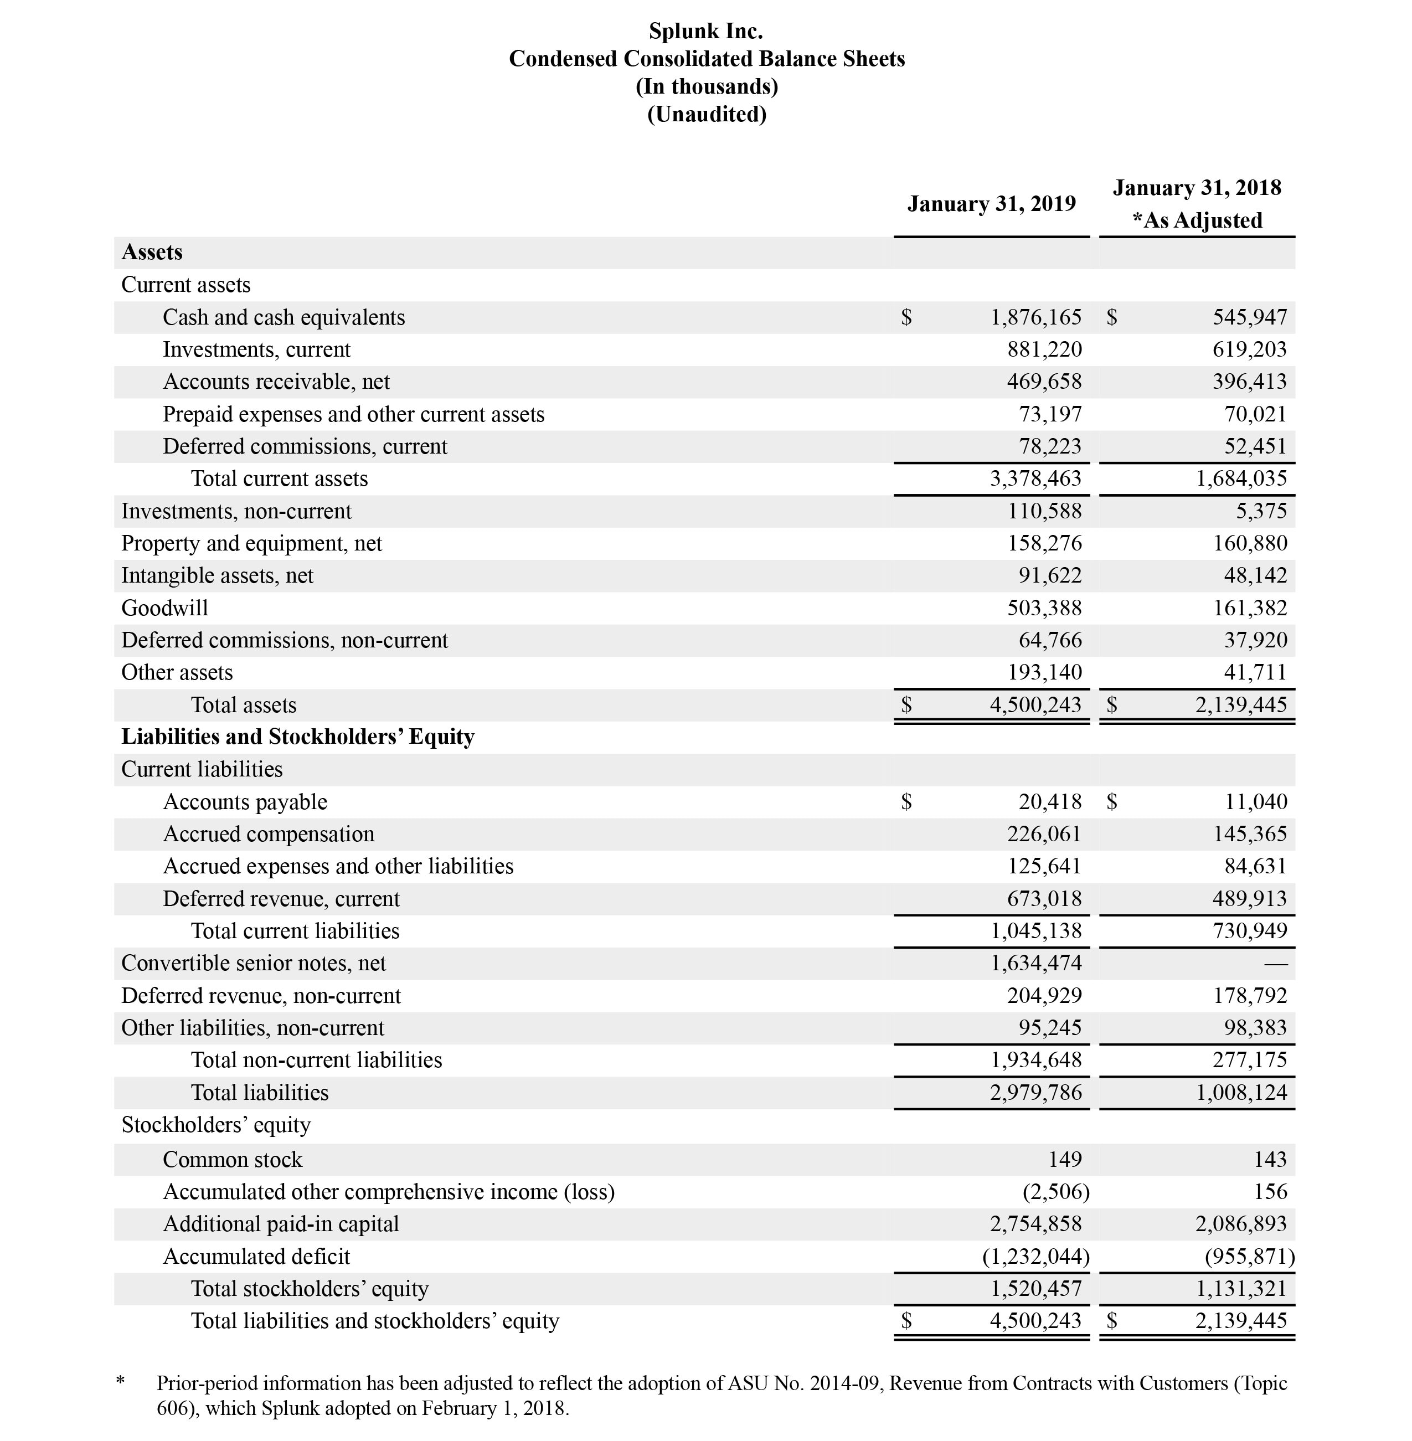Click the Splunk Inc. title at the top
pos(705,31)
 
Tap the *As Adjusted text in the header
pos(1197,220)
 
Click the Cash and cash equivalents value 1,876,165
pos(1036,317)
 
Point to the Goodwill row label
pos(164,608)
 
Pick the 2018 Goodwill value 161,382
pos(1250,608)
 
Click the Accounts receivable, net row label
pos(276,382)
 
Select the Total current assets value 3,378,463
pos(1036,479)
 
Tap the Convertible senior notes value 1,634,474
pos(1036,964)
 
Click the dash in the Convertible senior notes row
pos(1276,964)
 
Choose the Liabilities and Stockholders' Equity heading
pos(297,737)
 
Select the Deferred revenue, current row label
pos(281,899)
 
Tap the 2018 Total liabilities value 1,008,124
pos(1241,1093)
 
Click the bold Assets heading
pos(152,252)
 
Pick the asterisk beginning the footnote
pos(121,1382)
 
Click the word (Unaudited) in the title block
pos(706,114)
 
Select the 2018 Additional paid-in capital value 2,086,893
pos(1241,1224)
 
